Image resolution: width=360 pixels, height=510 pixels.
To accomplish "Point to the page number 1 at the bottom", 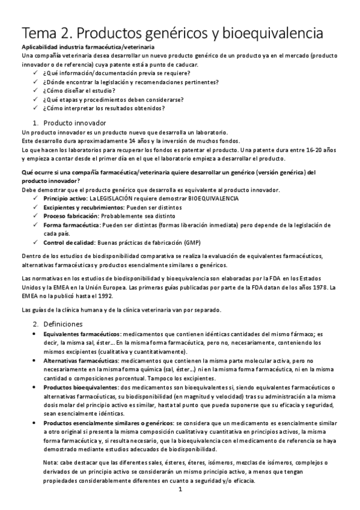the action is (x=180, y=490).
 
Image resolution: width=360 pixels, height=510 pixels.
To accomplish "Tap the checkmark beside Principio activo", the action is (x=35, y=198).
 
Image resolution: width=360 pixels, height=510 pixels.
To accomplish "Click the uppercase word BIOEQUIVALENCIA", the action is (x=205, y=198).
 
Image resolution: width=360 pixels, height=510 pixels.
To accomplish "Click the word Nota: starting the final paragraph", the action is (x=51, y=462).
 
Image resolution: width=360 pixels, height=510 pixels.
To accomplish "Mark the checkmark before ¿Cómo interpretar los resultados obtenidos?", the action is (x=35, y=108).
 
